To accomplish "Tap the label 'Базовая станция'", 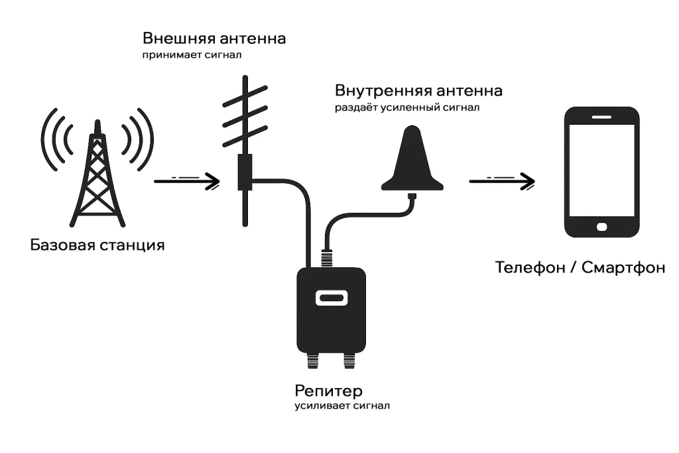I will [x=97, y=245].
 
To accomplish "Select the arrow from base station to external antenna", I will [x=187, y=180].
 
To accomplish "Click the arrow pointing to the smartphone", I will [x=502, y=180].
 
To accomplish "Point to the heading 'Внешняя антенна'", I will [x=214, y=38].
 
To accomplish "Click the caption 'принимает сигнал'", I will [x=192, y=56].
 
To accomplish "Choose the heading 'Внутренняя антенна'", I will [x=418, y=90].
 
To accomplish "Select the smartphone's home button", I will [x=601, y=227].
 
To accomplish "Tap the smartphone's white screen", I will [x=601, y=168].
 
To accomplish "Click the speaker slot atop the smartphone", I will [x=601, y=115].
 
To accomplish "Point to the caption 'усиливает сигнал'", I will [x=342, y=405].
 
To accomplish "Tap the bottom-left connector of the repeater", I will [x=312, y=361].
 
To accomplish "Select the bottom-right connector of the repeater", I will [x=349, y=361].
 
